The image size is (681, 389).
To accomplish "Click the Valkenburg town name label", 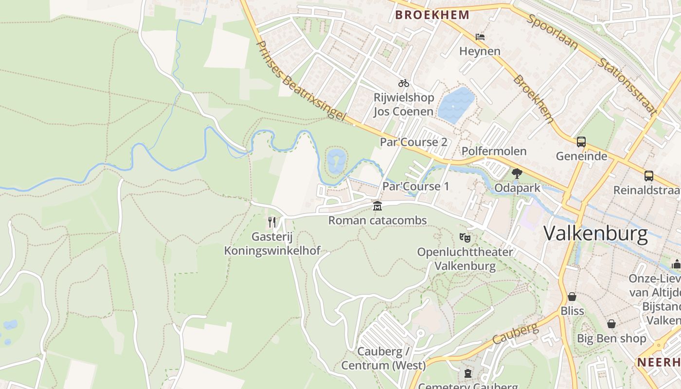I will click(x=595, y=234).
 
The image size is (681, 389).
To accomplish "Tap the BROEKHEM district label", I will click(x=432, y=15).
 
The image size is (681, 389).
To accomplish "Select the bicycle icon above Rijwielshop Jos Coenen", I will click(x=404, y=83).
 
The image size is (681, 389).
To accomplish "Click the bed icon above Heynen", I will click(x=480, y=36).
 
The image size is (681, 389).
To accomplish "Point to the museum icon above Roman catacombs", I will click(x=377, y=206).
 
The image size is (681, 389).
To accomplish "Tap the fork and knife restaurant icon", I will click(x=272, y=222).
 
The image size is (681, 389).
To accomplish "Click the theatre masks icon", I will click(x=465, y=238).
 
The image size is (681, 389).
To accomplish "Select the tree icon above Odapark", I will click(x=517, y=173).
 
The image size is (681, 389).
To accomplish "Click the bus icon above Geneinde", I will click(x=581, y=142).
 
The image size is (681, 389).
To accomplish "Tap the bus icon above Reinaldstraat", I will click(x=648, y=176).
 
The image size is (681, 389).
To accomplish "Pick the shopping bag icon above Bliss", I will click(x=572, y=297).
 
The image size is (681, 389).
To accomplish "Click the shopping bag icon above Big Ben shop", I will click(x=611, y=324).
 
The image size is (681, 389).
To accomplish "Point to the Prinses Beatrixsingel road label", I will click(x=300, y=81).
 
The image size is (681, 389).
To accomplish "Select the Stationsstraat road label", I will click(x=627, y=87).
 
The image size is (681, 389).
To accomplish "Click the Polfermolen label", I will click(x=494, y=151).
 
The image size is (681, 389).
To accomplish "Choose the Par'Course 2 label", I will click(x=413, y=142).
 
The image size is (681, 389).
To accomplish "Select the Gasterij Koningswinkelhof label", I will click(x=272, y=244).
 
